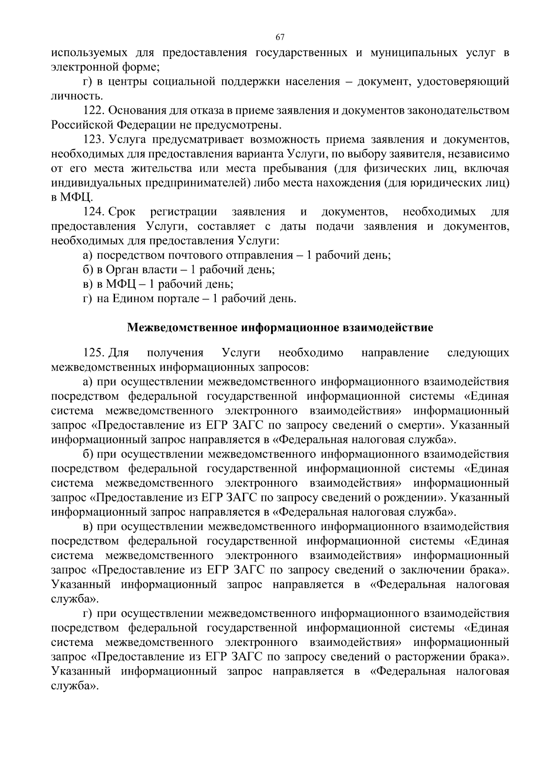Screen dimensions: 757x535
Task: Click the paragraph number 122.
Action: (x=93, y=110)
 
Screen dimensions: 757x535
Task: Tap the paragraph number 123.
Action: (x=93, y=139)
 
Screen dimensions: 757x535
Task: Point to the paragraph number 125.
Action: (x=93, y=353)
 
